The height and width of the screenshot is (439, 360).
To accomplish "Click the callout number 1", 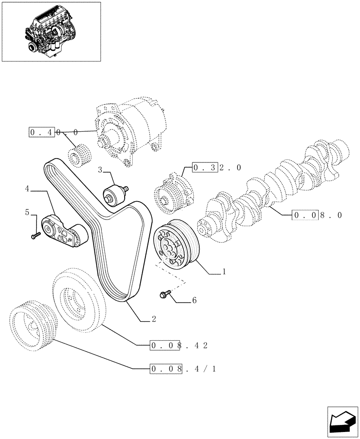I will (224, 272).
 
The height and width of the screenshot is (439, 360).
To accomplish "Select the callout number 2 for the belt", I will (154, 320).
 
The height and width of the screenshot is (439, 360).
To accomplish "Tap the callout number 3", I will (100, 169).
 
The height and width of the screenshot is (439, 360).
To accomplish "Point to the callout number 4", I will (27, 189).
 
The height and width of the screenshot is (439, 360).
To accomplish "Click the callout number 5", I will (27, 212).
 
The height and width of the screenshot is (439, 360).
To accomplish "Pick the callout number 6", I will (194, 301).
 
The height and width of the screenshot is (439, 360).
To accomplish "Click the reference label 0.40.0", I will (54, 132).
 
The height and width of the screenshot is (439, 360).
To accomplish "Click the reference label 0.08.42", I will (178, 345).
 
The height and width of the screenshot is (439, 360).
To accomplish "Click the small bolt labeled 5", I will (36, 236).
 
